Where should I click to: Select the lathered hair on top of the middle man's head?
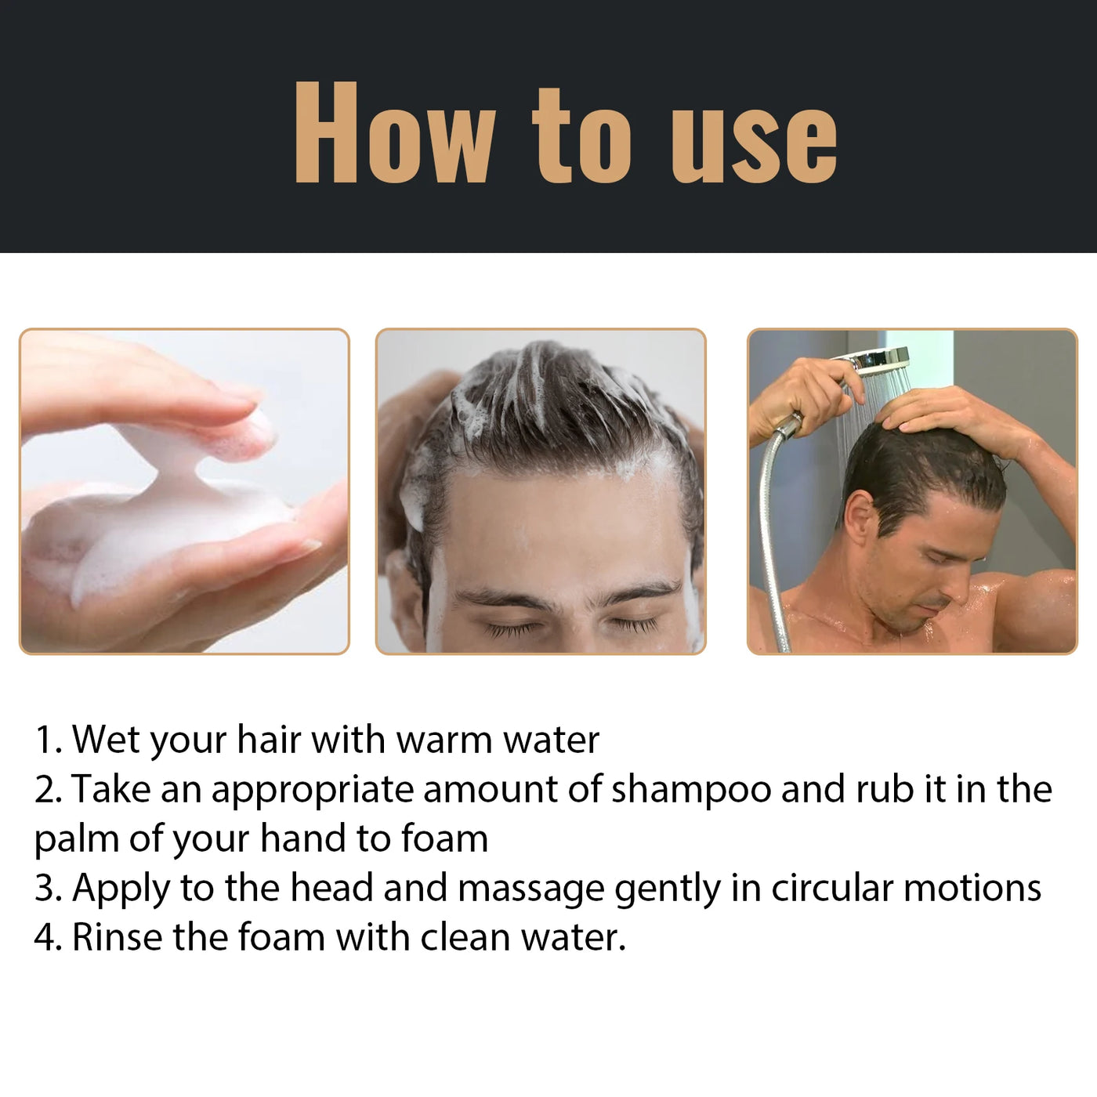point(541,392)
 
